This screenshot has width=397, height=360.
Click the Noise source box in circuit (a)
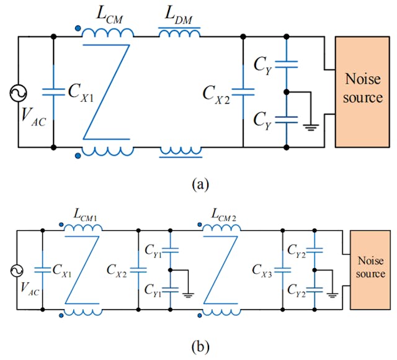tap(362, 92)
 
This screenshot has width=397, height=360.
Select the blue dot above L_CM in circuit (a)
tap(77, 27)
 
